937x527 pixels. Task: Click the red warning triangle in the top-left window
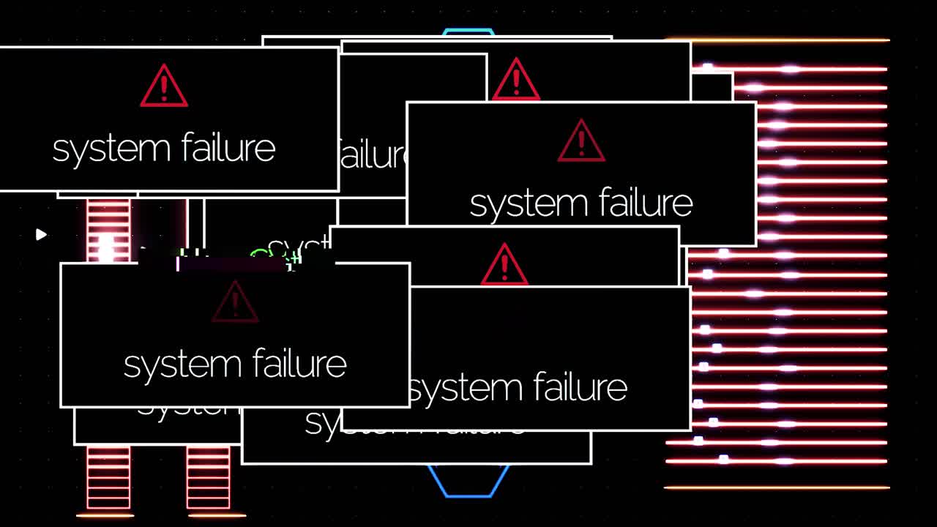tap(164, 86)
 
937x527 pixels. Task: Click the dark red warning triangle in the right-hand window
tap(581, 141)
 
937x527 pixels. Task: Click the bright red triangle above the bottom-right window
tap(504, 265)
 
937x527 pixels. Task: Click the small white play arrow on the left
tap(41, 234)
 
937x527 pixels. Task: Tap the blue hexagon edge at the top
tap(468, 31)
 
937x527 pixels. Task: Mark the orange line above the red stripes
tap(776, 40)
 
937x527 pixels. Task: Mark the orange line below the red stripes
tap(776, 487)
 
